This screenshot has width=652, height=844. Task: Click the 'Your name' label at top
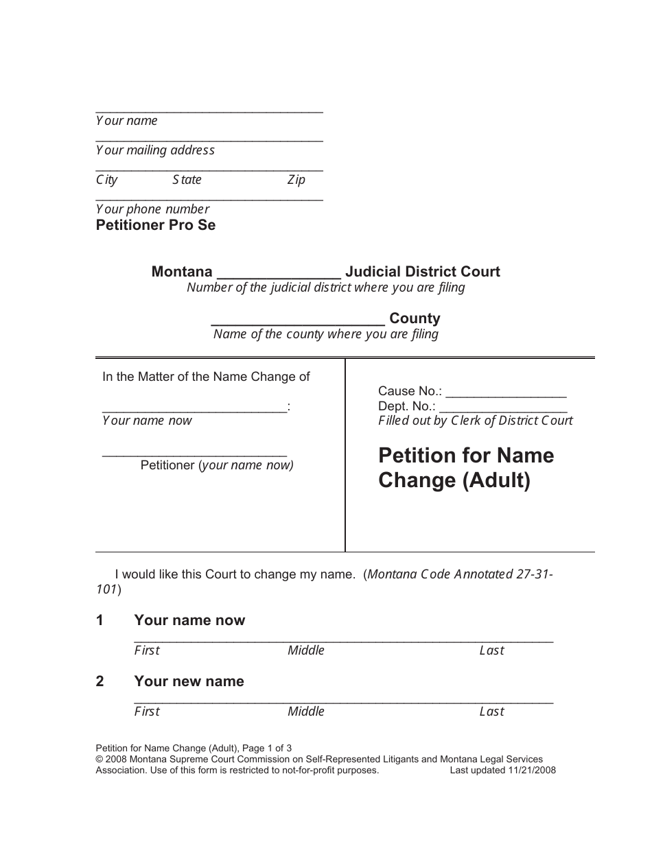click(x=127, y=121)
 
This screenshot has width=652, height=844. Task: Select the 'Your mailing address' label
click(x=155, y=150)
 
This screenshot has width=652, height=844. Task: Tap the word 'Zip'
click(x=296, y=180)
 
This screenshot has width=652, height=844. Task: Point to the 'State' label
click(x=187, y=180)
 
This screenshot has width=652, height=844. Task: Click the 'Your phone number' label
click(x=152, y=209)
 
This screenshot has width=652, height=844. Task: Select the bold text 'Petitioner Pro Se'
click(x=156, y=225)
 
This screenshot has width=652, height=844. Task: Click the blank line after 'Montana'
click(x=279, y=273)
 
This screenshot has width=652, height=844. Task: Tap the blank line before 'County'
click(x=297, y=320)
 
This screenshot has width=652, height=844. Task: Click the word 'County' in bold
click(x=415, y=318)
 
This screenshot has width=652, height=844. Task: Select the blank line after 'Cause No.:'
click(x=506, y=393)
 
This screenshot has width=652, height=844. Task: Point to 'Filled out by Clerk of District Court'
click(x=476, y=421)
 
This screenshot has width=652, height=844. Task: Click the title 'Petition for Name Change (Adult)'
click(x=466, y=468)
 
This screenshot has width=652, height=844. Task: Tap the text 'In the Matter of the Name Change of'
click(x=206, y=377)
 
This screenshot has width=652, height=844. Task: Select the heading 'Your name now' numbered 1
click(x=189, y=620)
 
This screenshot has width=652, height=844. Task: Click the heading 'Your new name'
click(x=189, y=681)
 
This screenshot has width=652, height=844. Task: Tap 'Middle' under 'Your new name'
click(x=306, y=712)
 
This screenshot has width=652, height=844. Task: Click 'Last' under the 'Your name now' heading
click(x=491, y=650)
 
